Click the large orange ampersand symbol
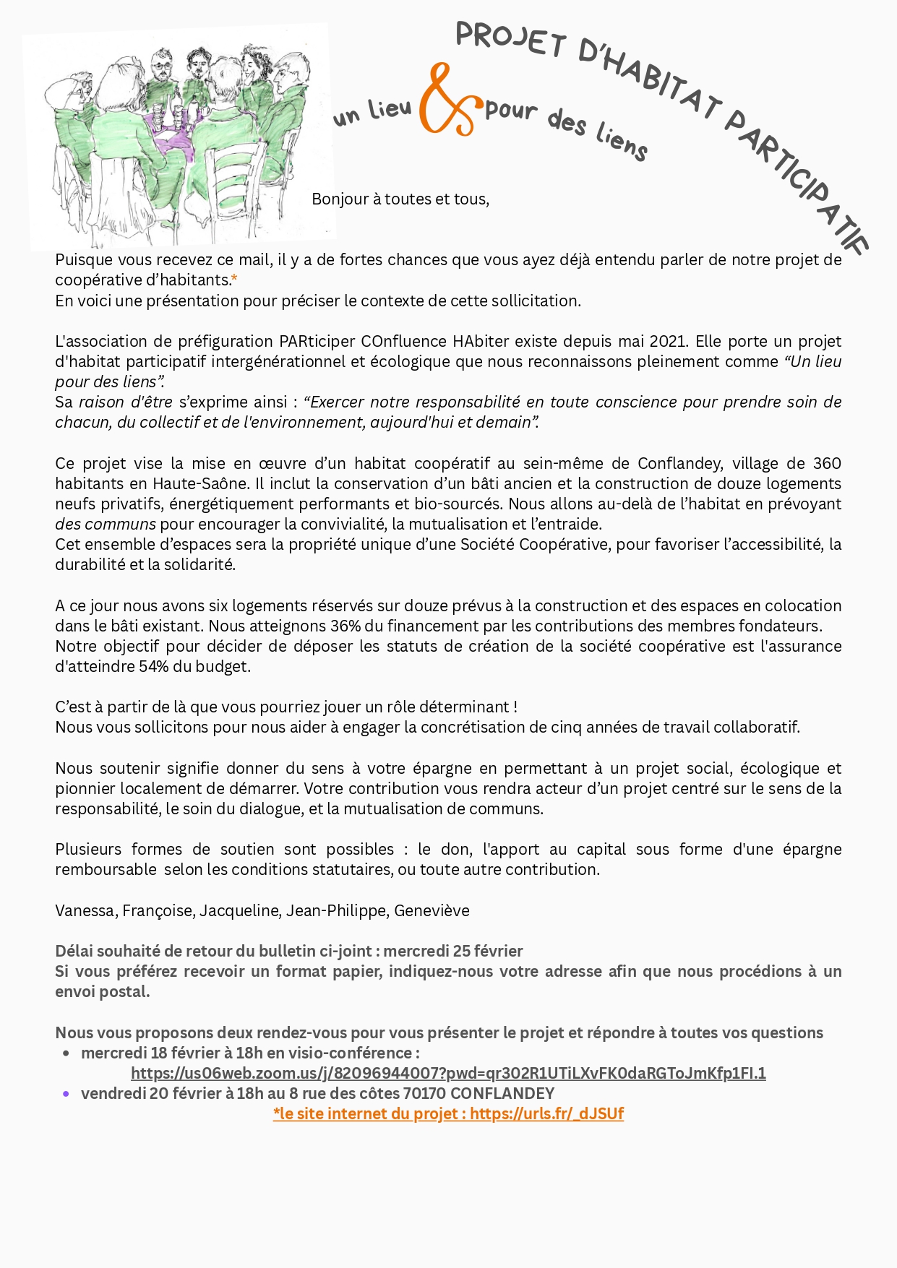(447, 101)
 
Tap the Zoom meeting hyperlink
(448, 1073)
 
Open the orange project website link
(448, 1113)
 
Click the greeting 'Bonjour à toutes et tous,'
(400, 199)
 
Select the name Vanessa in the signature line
(85, 910)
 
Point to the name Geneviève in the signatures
(432, 910)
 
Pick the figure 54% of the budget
(153, 666)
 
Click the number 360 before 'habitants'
(827, 463)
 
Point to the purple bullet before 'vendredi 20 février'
(66, 1094)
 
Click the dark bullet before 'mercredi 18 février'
(66, 1053)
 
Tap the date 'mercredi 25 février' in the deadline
(453, 951)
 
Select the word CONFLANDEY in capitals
(502, 1093)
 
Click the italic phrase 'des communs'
(106, 524)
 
